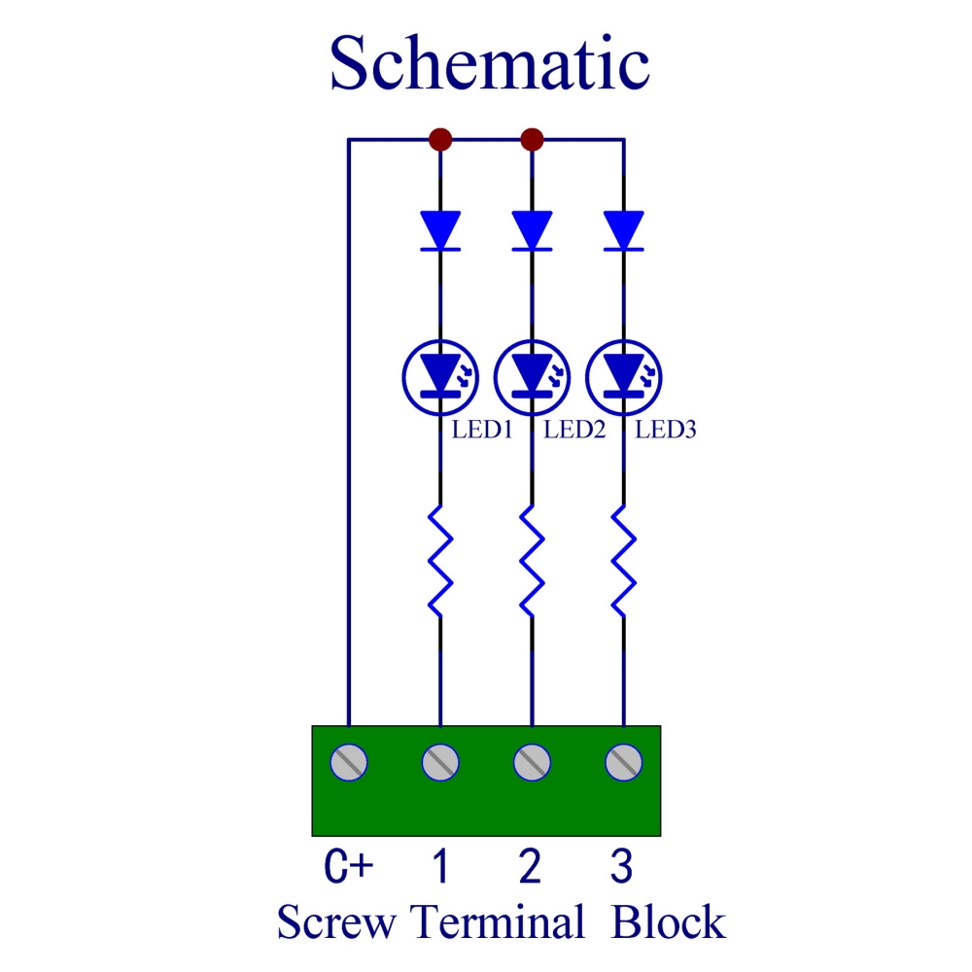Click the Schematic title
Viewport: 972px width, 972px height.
(x=489, y=63)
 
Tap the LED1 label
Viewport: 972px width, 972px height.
(x=481, y=429)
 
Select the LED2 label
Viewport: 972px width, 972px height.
(x=574, y=429)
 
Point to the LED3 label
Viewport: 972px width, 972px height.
(x=666, y=429)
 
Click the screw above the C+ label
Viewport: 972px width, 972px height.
(x=349, y=763)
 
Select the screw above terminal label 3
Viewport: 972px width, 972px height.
(x=623, y=763)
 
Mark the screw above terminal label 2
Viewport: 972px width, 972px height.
(x=532, y=763)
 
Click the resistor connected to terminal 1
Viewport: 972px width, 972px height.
(x=440, y=560)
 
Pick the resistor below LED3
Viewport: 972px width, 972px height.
(x=623, y=560)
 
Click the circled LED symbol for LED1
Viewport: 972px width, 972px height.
(x=440, y=373)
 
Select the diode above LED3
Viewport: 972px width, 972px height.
(x=623, y=231)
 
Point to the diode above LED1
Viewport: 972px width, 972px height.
(x=440, y=231)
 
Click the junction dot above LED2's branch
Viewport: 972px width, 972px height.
(x=532, y=139)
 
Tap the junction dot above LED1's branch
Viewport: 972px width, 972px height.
(x=440, y=139)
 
